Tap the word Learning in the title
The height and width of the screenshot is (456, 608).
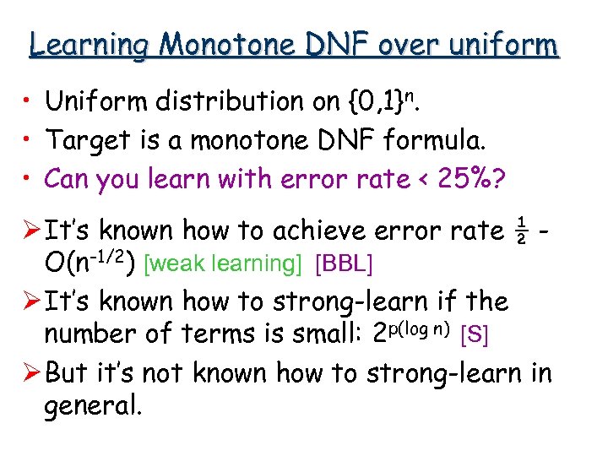click(x=92, y=44)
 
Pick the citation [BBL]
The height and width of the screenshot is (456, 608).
click(x=343, y=264)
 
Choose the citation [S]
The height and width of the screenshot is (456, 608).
click(x=473, y=336)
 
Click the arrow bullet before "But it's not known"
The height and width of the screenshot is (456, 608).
click(x=31, y=372)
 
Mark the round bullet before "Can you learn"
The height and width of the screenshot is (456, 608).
click(x=30, y=179)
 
